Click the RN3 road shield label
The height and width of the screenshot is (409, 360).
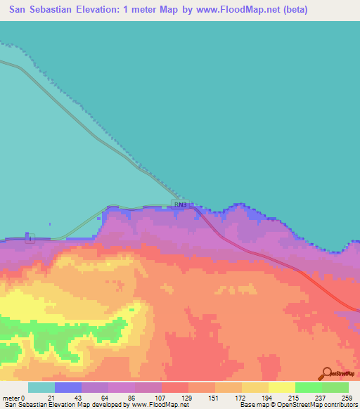coord(180,204)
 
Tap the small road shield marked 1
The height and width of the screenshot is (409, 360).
coord(29,239)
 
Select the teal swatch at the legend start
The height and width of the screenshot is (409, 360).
coord(41,387)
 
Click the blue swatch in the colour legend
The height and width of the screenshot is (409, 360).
coord(67,387)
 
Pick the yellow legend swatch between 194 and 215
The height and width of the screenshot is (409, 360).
coord(281,387)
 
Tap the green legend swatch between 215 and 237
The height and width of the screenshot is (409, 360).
coord(308,387)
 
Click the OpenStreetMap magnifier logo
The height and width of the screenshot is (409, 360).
coord(327,373)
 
